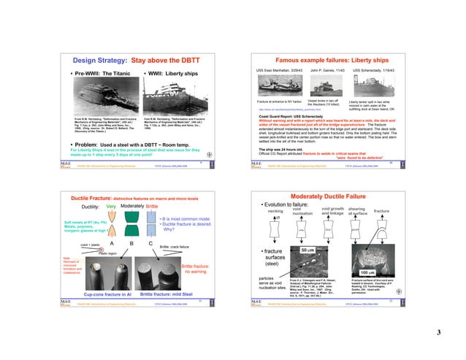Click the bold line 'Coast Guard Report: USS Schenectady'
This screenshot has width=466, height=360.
click(313, 115)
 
